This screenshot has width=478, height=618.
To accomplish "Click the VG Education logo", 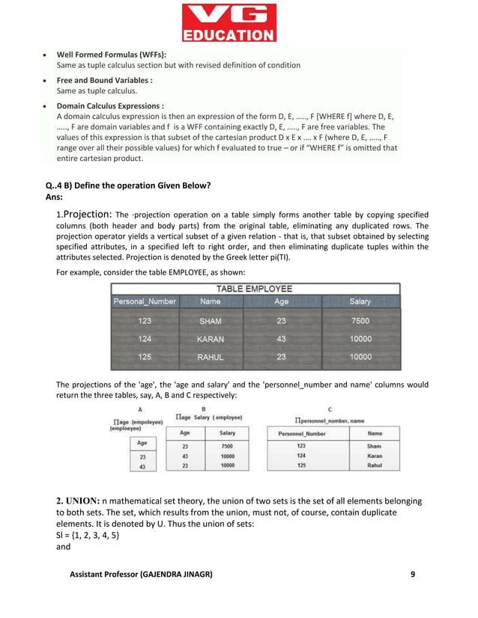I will point(229,22).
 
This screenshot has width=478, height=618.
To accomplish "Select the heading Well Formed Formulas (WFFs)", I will point(112,55).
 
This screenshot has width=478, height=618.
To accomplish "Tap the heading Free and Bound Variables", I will point(105,80).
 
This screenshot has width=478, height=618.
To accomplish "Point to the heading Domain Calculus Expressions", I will point(110,106).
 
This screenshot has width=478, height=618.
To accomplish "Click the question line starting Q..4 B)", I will point(128,186).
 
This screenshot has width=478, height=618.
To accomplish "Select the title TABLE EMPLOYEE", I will point(255,288).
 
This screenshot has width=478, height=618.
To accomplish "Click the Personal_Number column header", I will point(145,302).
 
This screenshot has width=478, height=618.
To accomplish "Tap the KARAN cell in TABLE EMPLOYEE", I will point(210,339).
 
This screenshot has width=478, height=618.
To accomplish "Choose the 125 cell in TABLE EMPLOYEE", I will point(145,357).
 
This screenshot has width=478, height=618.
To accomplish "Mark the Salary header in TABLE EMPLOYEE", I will point(360,302).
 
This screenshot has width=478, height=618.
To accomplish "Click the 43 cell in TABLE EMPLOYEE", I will point(282,339).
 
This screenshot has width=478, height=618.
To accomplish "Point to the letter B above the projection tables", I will point(204,409).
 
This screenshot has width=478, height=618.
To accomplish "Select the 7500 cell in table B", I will point(227,446).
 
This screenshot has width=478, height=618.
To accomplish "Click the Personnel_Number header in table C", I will point(302,433).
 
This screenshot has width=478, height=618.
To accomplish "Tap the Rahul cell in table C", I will point(374,465).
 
